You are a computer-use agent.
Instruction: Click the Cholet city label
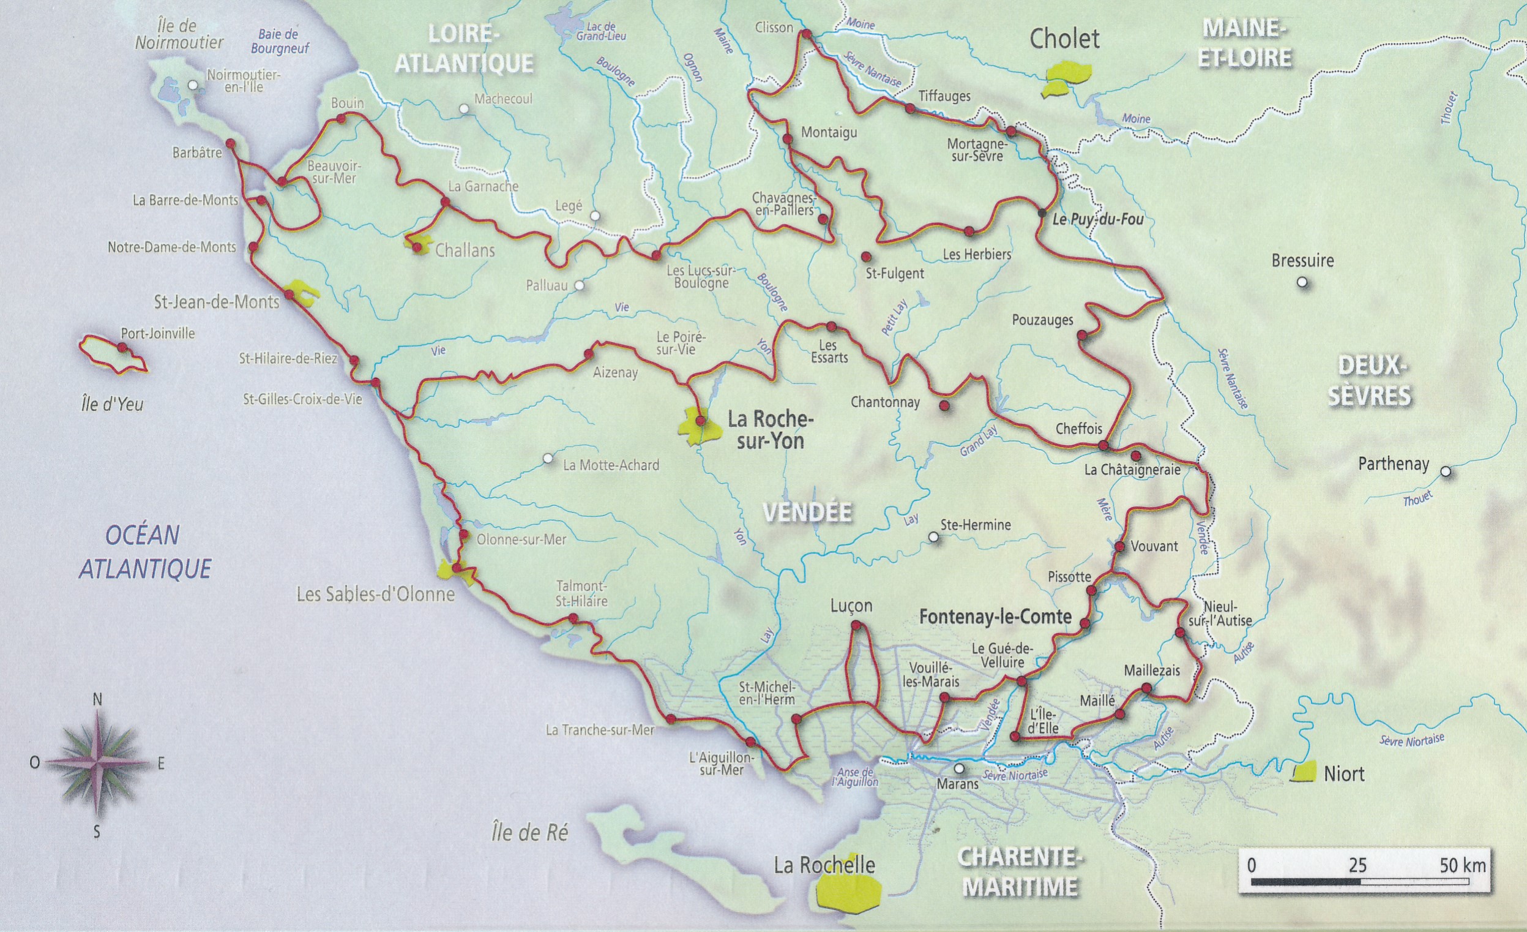click(1064, 39)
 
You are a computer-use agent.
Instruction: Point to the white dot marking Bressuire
click(1302, 282)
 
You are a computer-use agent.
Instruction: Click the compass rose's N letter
click(97, 700)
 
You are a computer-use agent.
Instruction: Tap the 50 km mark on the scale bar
click(1462, 866)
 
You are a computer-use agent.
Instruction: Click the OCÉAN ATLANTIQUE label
click(144, 552)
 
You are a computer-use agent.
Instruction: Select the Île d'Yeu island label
click(112, 404)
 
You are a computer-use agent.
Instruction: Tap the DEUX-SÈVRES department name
click(1369, 381)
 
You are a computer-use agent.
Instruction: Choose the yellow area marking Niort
click(1304, 772)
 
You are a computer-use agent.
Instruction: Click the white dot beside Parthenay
click(1446, 472)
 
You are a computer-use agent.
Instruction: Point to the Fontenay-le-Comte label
click(995, 617)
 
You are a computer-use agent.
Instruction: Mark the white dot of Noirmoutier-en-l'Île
click(194, 85)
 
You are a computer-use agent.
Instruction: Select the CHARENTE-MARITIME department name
click(1020, 872)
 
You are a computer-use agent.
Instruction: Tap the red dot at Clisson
click(807, 33)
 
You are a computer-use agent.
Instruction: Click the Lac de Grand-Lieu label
click(600, 31)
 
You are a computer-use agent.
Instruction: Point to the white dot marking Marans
click(959, 769)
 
